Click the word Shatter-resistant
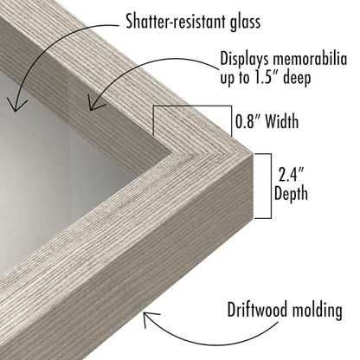pos(172,21)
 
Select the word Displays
pos(244,60)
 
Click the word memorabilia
pos(310,59)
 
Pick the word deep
pos(297,78)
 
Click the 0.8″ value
pos(247,121)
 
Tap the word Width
pos(281,121)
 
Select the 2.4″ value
pos(292,175)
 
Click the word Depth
pos(291,194)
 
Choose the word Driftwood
pos(257,310)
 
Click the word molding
pos(318,311)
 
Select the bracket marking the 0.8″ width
pos(193,106)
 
